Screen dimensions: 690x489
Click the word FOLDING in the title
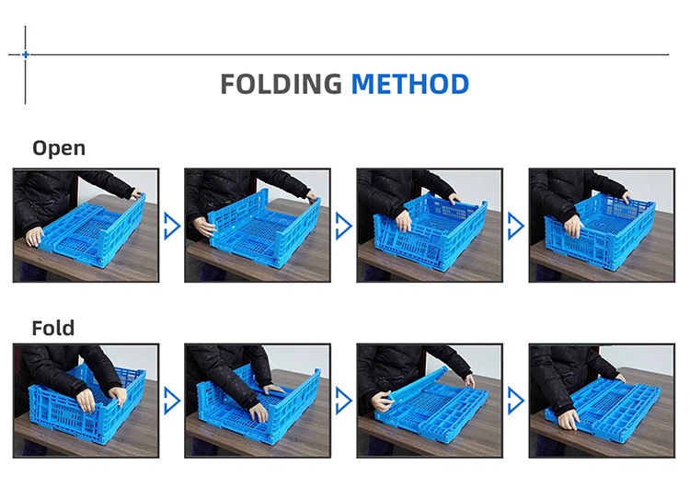[281, 84]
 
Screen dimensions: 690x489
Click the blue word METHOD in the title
[410, 84]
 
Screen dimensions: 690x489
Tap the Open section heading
[59, 148]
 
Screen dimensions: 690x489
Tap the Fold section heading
[53, 328]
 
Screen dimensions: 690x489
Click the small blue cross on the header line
[26, 54]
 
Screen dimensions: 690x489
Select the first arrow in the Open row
[172, 226]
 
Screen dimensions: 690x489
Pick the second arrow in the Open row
[344, 226]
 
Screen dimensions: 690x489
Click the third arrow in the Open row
[516, 226]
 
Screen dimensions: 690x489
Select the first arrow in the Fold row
[172, 401]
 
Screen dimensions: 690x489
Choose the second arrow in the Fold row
[344, 401]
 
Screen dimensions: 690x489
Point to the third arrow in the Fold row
[516, 401]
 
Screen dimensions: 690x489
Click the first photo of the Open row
[86, 225]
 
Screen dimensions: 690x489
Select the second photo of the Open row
[258, 225]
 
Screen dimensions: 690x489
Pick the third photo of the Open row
[430, 225]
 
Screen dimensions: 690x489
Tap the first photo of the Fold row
[86, 401]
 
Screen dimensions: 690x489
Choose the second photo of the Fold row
[258, 401]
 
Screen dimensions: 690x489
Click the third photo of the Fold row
[430, 401]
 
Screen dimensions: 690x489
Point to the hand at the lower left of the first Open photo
[34, 237]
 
